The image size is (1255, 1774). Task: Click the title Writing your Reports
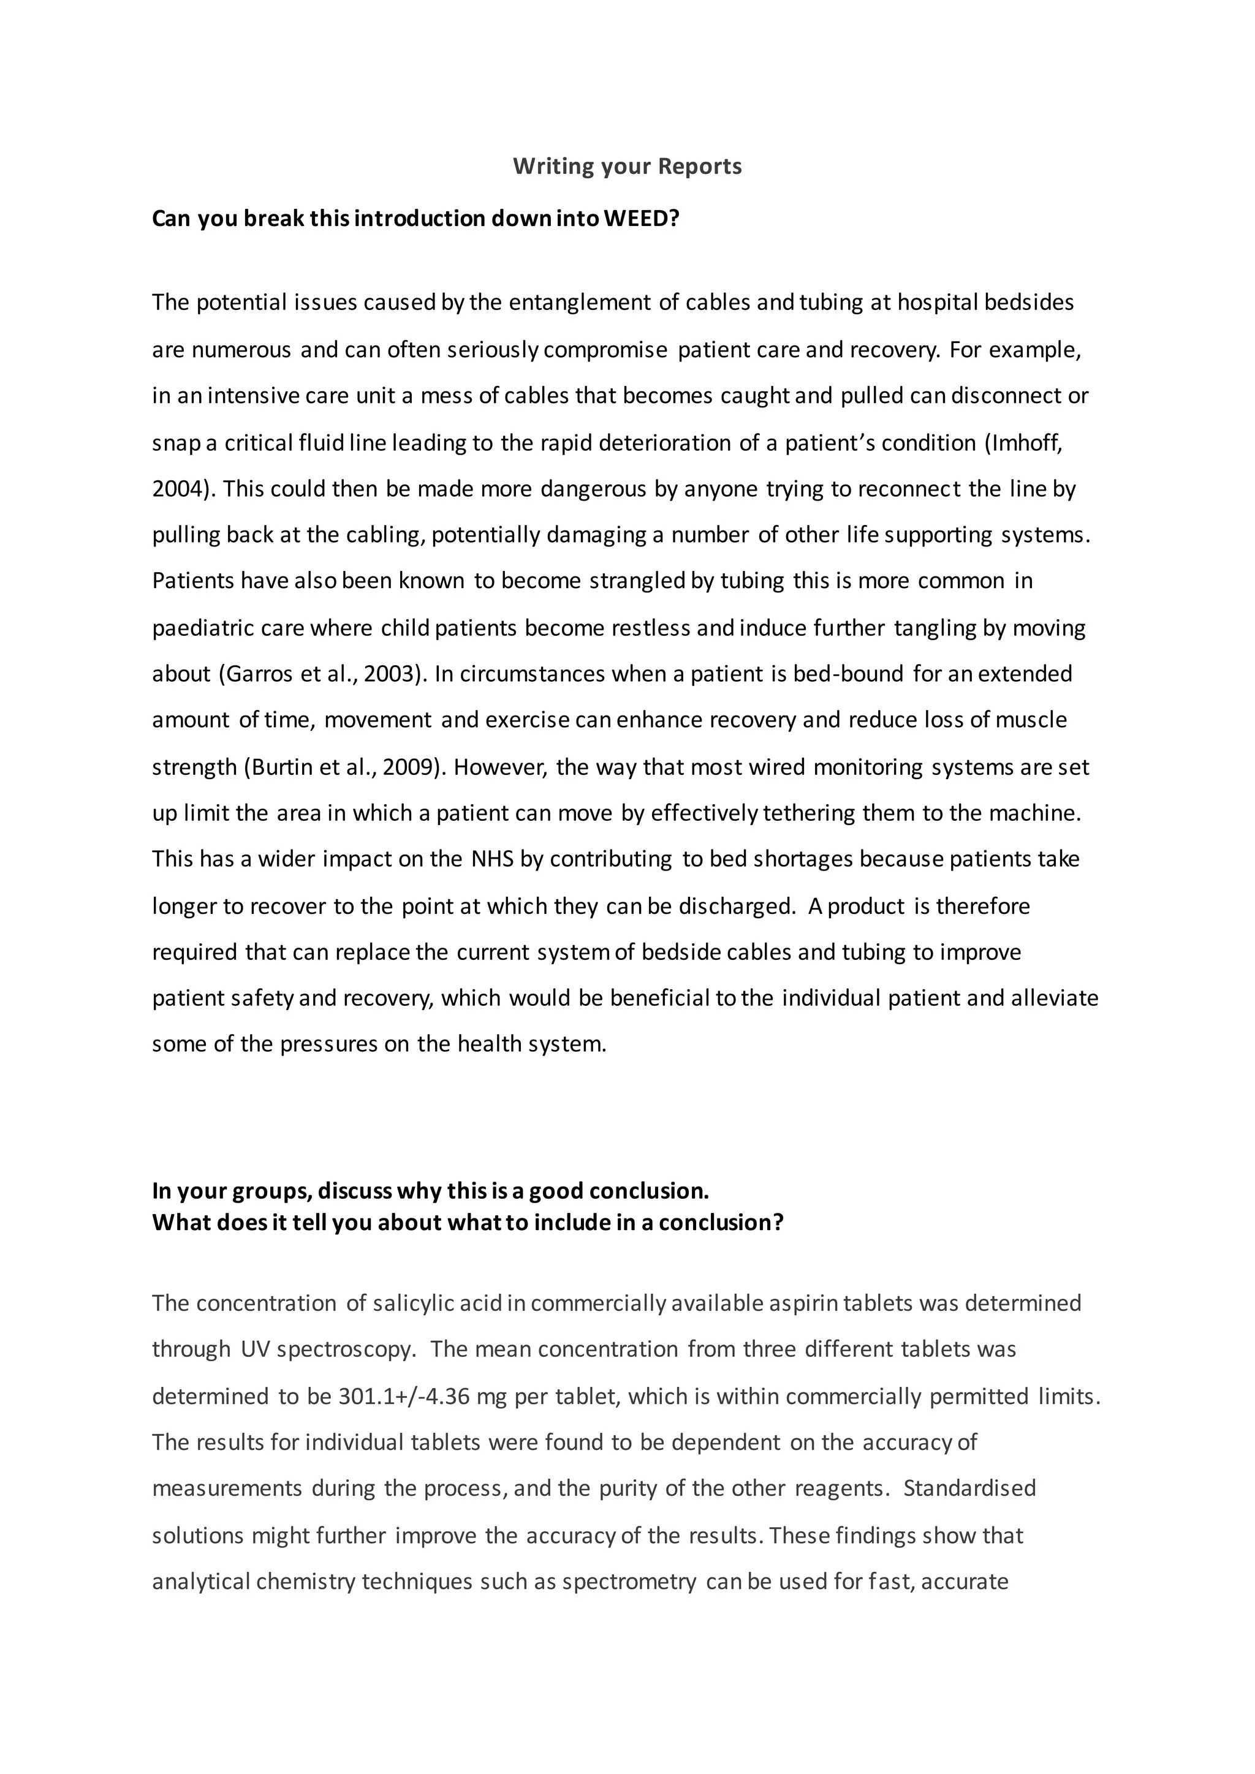(627, 166)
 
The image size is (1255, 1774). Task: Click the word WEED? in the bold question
(640, 219)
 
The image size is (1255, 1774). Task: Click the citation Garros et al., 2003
(323, 674)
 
